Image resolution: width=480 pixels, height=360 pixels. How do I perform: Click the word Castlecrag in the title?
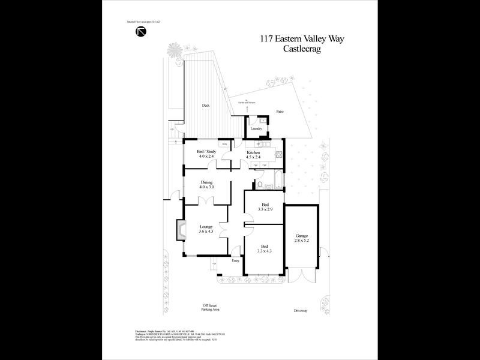tap(302, 50)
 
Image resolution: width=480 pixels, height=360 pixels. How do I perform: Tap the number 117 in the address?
tap(268, 40)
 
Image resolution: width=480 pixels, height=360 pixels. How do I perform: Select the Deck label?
tap(206, 106)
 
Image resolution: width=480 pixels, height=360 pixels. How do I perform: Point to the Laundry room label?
tap(256, 128)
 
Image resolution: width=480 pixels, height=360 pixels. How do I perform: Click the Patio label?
tap(280, 112)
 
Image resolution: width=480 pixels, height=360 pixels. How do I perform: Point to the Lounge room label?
tap(206, 226)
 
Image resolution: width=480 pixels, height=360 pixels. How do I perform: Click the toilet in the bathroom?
tap(259, 182)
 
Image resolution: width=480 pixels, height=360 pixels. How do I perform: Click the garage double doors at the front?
tap(302, 274)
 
